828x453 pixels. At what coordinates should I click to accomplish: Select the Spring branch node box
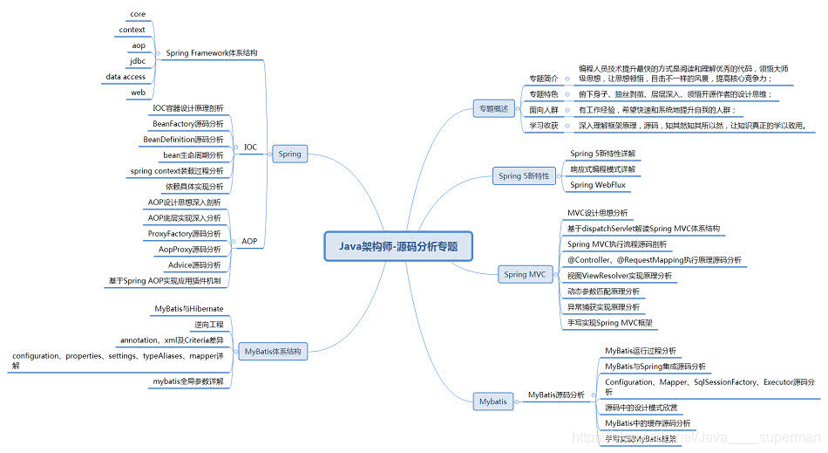coord(289,154)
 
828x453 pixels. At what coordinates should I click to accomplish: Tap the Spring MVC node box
coord(525,274)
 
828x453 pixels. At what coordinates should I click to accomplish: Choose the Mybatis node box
coord(492,402)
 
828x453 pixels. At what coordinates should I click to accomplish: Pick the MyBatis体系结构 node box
coord(273,352)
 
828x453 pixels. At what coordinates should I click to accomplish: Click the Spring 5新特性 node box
coord(524,175)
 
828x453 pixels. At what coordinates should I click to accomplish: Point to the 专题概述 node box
coord(492,109)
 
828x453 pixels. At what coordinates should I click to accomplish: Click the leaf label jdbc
coord(139,61)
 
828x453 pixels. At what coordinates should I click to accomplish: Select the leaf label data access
coord(126,77)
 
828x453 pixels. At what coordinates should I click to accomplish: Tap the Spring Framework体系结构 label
coord(212,53)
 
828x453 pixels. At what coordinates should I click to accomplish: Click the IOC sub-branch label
coord(250,147)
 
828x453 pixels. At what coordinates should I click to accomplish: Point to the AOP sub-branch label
coord(249,241)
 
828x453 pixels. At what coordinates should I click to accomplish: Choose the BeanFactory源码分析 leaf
coord(187,124)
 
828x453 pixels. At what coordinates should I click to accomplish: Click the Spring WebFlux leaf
coord(599,185)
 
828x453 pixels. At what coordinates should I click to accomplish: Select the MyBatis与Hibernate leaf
coord(189,309)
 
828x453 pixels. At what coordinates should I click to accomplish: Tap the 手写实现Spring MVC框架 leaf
coord(607,323)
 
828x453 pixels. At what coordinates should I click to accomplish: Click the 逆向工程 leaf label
coord(207,325)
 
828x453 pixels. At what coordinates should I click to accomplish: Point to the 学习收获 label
coord(544,126)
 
